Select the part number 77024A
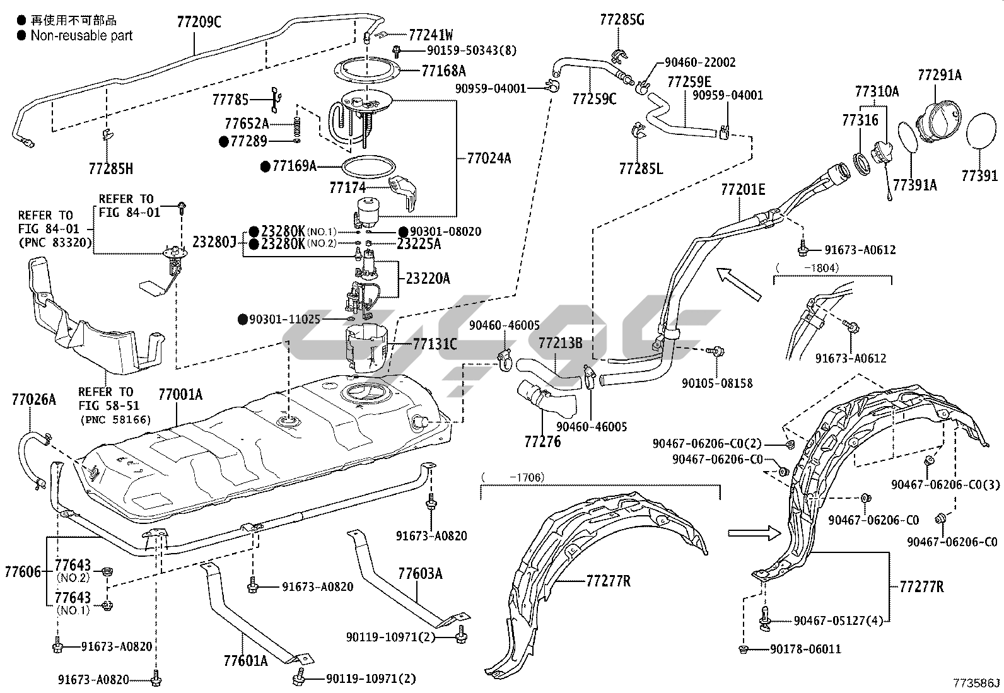[489, 158]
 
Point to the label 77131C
[435, 344]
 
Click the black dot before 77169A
[266, 166]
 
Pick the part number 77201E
[743, 189]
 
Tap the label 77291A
[939, 76]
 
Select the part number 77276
[542, 441]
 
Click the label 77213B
[560, 343]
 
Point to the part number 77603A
[420, 573]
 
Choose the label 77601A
[245, 660]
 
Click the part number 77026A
[33, 399]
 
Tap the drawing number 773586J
[976, 683]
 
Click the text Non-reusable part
[81, 35]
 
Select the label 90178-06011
[805, 649]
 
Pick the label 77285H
[111, 168]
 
